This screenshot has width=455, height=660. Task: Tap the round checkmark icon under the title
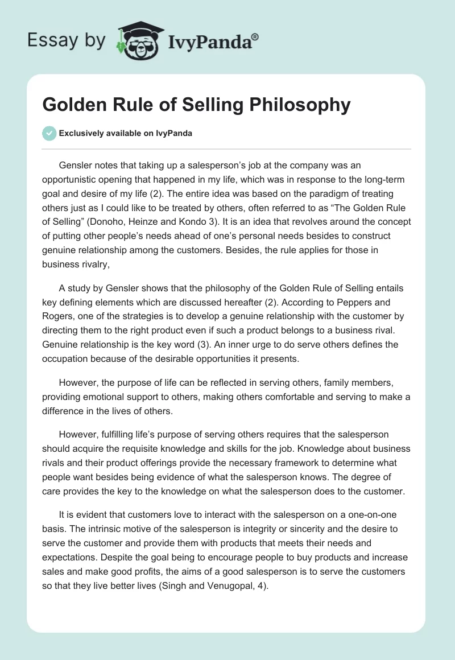[x=49, y=133]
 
